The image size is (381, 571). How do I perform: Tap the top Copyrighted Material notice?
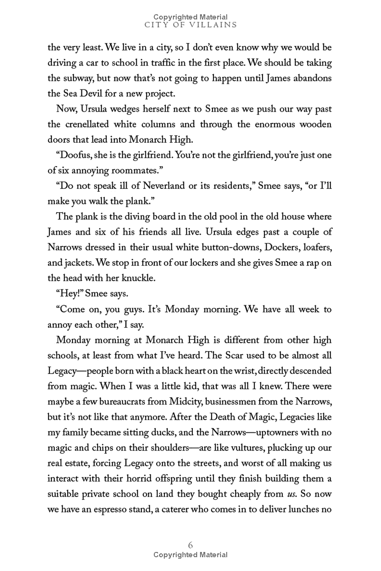(x=190, y=17)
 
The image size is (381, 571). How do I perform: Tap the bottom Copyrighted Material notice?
(x=190, y=555)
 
